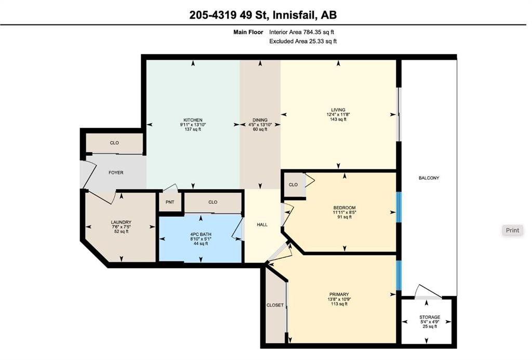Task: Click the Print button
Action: coord(512,230)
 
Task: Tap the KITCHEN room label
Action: coord(193,120)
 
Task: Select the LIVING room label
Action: coord(338,110)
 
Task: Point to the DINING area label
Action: coord(260,120)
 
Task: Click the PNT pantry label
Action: coord(170,202)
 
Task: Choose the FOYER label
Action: coord(116,172)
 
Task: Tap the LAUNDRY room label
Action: coord(121,222)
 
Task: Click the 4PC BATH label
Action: coord(201,234)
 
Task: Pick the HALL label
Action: coord(262,224)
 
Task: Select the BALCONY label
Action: coord(429,178)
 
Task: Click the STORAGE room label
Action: coord(430,317)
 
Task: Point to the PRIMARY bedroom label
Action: coord(339,295)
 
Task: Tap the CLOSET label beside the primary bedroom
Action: coord(275,305)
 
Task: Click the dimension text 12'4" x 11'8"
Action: coord(338,115)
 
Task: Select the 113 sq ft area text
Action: coord(339,304)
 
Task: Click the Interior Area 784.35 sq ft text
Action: coord(302,32)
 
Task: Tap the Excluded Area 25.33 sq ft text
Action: coord(303,42)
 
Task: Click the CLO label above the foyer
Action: coord(114,143)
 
